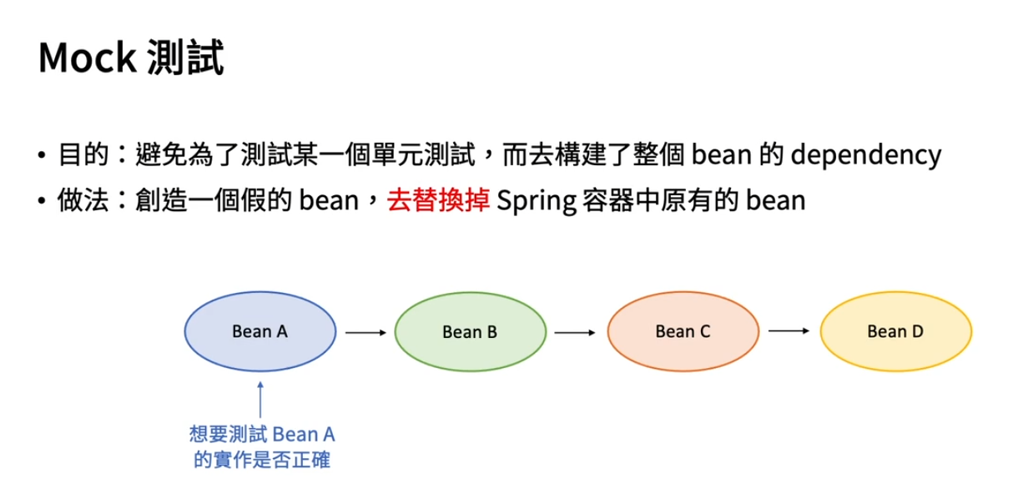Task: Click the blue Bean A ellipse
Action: click(260, 331)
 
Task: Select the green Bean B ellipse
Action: click(470, 332)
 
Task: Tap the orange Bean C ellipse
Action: click(683, 331)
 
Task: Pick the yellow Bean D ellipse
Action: click(895, 331)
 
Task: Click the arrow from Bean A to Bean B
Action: click(365, 332)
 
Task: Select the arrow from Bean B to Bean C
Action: click(574, 332)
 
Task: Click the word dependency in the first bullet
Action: click(865, 155)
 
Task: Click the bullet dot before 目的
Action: click(42, 157)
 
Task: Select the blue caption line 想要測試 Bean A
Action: click(261, 436)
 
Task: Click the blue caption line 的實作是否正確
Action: click(261, 460)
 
